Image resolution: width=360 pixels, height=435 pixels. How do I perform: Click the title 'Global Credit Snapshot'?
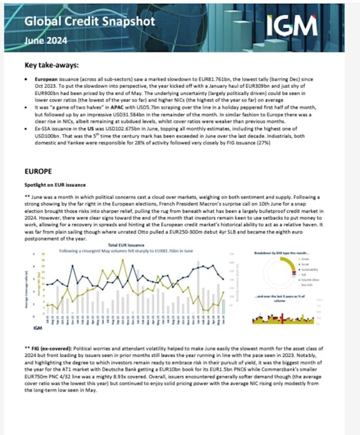tap(90, 21)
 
